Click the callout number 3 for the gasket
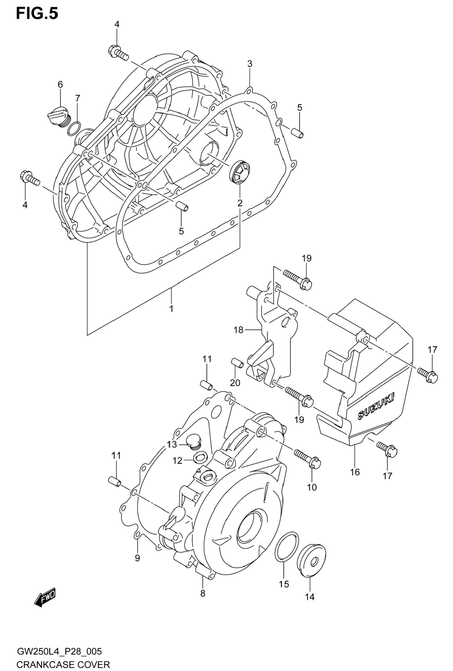[250, 64]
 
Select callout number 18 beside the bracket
[238, 330]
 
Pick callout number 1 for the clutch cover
[171, 309]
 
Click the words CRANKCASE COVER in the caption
[63, 663]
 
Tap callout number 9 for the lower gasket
[137, 558]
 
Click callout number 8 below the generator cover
[203, 593]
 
